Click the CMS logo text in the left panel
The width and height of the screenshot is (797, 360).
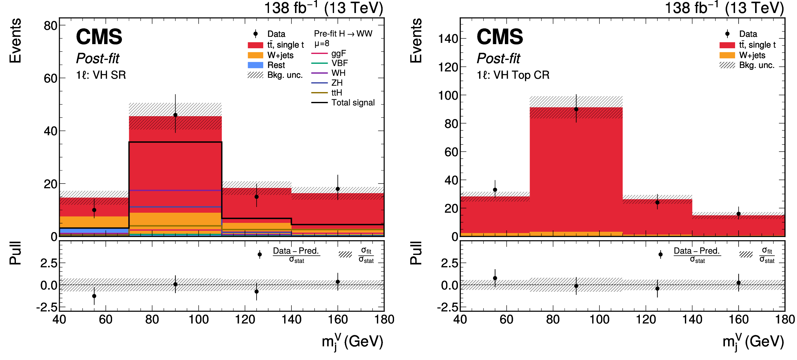(x=99, y=37)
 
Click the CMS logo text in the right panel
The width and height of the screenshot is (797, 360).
(x=500, y=37)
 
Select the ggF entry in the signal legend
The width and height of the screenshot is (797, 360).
(x=338, y=53)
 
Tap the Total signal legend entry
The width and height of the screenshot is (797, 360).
(x=353, y=103)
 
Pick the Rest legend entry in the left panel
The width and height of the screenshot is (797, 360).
(x=276, y=65)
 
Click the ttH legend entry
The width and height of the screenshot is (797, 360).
(x=337, y=93)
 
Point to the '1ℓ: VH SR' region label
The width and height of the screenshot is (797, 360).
(x=101, y=75)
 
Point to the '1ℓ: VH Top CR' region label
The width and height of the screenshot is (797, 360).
(x=513, y=75)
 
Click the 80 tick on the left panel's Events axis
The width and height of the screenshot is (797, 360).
(x=50, y=26)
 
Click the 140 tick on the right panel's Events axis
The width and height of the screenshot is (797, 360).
(x=448, y=39)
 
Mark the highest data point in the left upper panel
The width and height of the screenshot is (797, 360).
(x=175, y=115)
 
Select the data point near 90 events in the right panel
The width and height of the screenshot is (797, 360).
(x=576, y=109)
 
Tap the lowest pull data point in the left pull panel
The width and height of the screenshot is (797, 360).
(x=94, y=296)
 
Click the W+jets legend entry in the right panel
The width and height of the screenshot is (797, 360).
(x=752, y=55)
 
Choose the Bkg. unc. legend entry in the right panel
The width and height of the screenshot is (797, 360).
(x=757, y=65)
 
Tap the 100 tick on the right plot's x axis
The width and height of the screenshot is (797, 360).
(x=599, y=319)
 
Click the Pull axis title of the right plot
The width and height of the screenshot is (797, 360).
(x=416, y=253)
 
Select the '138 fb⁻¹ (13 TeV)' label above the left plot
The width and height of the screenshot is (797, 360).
(x=324, y=8)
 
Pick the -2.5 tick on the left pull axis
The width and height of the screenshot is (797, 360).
(x=47, y=307)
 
